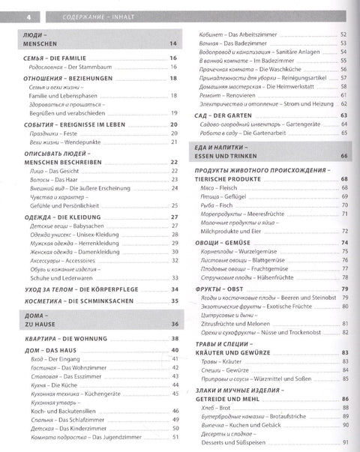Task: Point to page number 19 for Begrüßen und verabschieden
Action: [172, 112]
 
